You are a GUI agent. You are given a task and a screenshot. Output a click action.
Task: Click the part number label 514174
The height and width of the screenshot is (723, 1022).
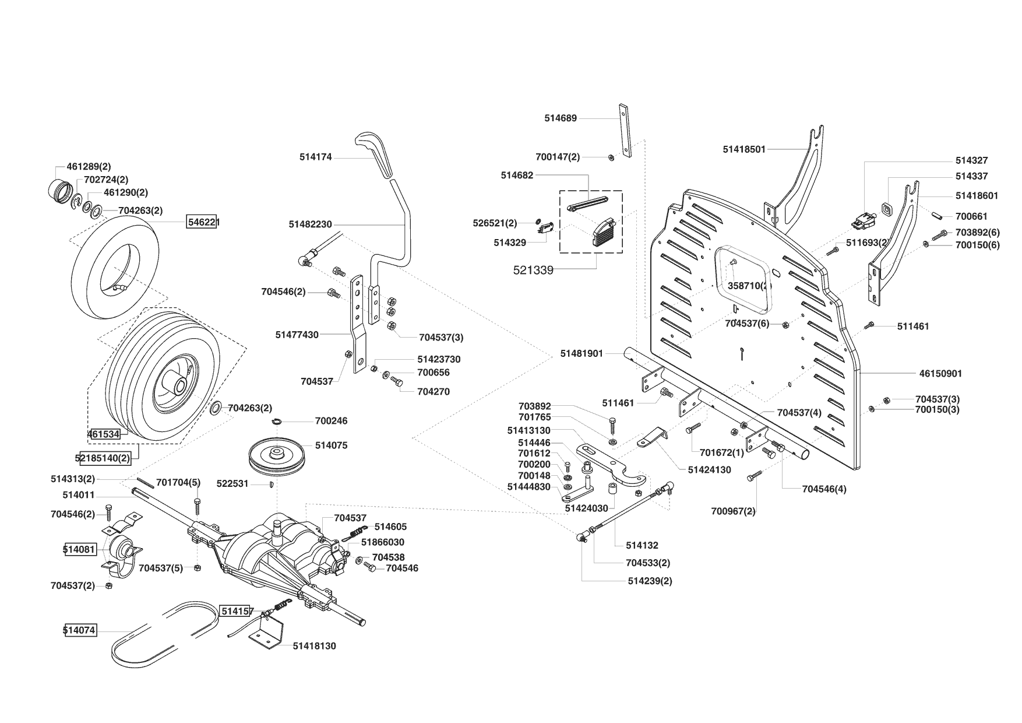point(315,157)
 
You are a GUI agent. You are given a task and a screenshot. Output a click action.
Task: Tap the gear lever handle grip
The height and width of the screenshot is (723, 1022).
point(373,153)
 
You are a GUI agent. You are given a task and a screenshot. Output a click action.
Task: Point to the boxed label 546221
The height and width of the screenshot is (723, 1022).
point(202,222)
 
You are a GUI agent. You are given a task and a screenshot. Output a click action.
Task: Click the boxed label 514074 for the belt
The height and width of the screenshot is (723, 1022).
point(79,630)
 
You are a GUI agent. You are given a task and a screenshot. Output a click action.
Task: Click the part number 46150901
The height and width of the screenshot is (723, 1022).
point(940,374)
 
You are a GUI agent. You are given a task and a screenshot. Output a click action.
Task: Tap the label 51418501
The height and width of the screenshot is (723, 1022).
point(744,149)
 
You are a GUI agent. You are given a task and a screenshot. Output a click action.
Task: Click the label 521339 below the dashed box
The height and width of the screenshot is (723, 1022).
point(533,270)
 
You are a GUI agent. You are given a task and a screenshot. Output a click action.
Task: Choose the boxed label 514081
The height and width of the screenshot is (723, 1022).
point(79,549)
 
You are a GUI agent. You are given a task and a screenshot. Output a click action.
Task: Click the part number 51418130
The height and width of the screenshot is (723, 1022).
point(314,646)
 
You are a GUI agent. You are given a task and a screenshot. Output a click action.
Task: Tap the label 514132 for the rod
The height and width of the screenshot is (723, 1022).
point(642,546)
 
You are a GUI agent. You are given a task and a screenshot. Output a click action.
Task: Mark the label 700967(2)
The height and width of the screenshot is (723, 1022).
point(733,511)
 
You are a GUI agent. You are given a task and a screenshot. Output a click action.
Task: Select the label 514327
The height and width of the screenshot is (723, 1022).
point(971,160)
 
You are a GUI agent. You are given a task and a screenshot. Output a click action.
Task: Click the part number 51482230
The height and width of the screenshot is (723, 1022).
point(310,224)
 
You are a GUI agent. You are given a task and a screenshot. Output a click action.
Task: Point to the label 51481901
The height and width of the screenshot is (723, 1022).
point(582,353)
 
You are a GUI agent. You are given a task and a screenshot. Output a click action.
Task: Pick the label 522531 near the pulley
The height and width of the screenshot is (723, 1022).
point(232,483)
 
